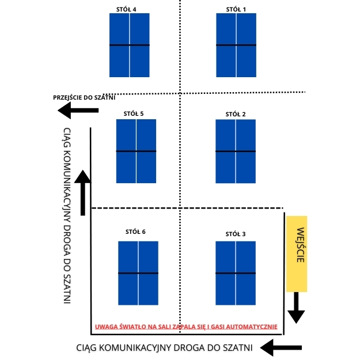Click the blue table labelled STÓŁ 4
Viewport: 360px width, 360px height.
pos(129,45)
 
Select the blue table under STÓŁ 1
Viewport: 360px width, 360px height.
pos(236,45)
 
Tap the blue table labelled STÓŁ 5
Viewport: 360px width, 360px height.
pos(136,151)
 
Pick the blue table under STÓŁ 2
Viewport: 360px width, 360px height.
pos(235,151)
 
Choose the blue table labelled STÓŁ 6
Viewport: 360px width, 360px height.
pos(138,273)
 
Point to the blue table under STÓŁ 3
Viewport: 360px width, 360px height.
pos(235,273)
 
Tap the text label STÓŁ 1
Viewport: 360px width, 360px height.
pos(236,9)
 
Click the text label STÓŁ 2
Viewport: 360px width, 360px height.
pos(236,114)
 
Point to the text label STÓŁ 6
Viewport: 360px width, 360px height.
pos(135,232)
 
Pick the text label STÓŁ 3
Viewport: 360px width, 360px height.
pos(236,234)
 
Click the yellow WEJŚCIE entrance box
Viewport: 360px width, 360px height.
pos(297,253)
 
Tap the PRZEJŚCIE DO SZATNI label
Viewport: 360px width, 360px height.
pos(84,97)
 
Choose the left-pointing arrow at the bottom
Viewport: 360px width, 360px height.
pos(281,347)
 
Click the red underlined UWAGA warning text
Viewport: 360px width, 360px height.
pos(186,327)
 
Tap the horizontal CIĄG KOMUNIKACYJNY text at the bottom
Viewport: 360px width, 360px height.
pos(164,347)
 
